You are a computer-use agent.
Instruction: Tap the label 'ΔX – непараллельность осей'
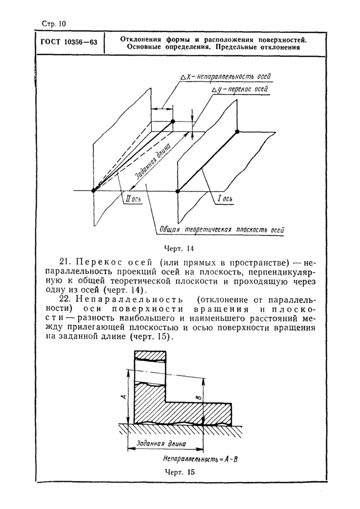click(x=226, y=77)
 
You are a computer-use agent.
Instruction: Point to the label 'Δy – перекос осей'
click(x=240, y=90)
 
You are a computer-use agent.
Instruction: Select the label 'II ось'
click(x=136, y=199)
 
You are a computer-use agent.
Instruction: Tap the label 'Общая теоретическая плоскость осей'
click(x=221, y=230)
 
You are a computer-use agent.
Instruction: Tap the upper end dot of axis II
click(x=173, y=121)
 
